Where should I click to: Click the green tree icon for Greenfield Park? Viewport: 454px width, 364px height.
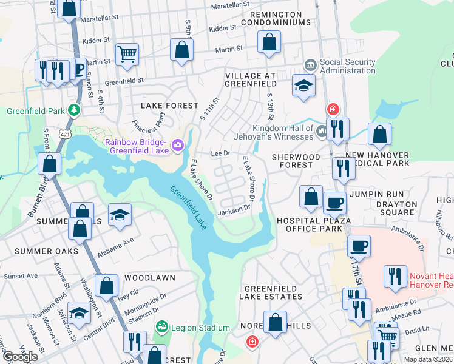click(74, 110)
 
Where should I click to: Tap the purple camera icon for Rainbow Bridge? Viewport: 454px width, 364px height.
click(177, 144)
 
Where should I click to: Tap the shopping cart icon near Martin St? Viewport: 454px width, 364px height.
click(127, 55)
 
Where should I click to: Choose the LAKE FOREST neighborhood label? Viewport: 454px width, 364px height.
click(170, 106)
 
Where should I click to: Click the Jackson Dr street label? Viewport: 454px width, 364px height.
click(234, 209)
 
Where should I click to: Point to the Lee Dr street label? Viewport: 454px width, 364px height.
click(221, 154)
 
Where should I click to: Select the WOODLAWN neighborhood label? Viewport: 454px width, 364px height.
click(149, 277)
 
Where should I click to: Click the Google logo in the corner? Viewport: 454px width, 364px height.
click(20, 357)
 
